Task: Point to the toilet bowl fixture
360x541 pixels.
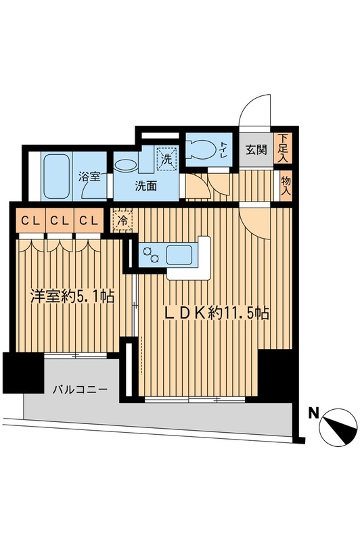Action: point(198,148)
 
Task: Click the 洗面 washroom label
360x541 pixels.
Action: point(145,186)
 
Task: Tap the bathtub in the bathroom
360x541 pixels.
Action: point(59,174)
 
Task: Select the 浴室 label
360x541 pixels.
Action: point(89,177)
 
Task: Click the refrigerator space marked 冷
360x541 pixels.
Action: point(124,220)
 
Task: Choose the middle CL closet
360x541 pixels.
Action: point(58,220)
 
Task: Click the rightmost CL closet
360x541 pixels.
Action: point(87,220)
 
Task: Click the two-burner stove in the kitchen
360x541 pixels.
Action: point(150,256)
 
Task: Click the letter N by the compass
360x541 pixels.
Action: point(313,410)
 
